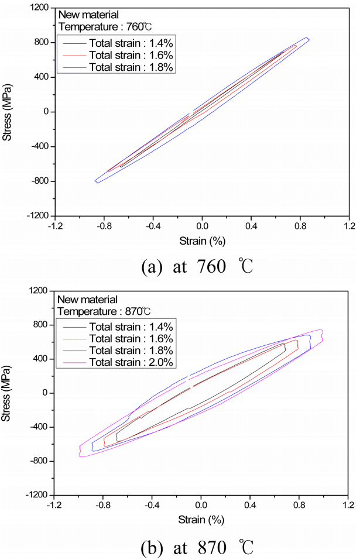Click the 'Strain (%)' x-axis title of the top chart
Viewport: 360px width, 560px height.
202,240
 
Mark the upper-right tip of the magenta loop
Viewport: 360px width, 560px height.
321,331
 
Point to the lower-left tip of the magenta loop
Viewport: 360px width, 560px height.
81,455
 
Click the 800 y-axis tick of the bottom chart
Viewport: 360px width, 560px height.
41,325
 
